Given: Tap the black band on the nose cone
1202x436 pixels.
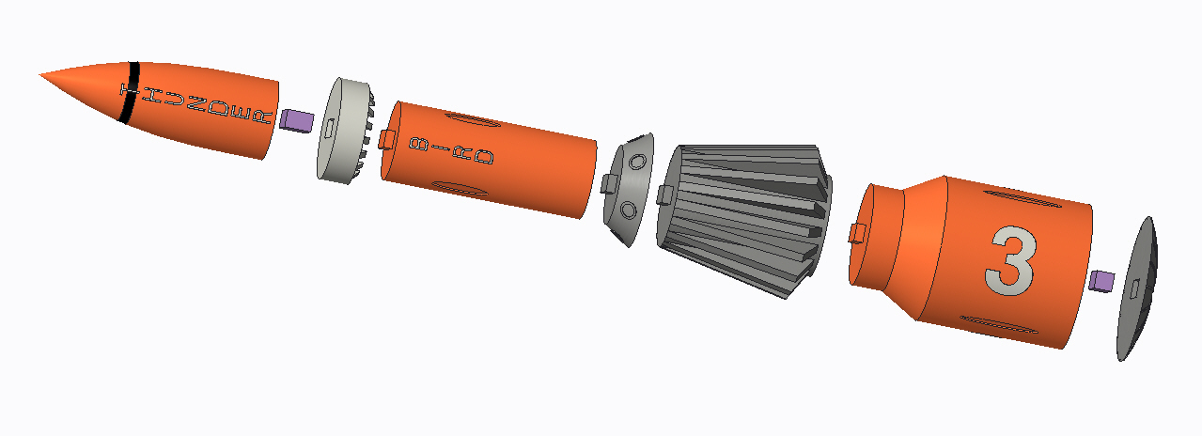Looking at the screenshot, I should (130, 92).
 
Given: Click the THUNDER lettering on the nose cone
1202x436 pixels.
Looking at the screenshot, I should (197, 104).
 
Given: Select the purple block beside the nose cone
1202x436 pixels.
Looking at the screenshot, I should (297, 120).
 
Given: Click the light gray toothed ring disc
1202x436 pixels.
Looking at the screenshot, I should (340, 131).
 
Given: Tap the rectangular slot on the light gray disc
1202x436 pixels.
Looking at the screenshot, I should (331, 126).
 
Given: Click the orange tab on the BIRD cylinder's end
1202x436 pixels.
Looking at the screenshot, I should (386, 140).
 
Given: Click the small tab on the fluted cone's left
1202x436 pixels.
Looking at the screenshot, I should (665, 195).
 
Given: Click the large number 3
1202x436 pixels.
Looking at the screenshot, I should (1011, 259).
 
